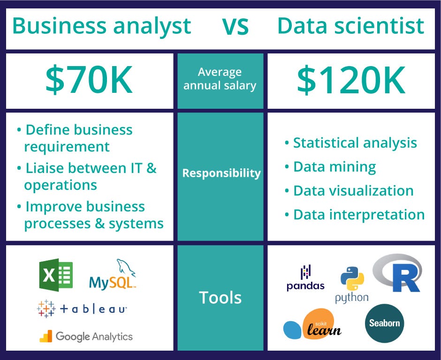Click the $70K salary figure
89,81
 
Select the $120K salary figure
351,81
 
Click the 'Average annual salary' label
220,79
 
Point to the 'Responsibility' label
221,173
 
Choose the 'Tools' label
220,297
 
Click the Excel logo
56,275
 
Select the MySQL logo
113,277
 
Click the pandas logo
305,278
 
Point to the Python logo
352,284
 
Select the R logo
398,273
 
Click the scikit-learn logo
312,325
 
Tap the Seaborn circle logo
384,323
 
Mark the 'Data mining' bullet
334,166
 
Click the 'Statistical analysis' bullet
354,142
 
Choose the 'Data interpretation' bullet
358,215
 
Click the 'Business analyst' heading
101,26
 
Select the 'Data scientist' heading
351,26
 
